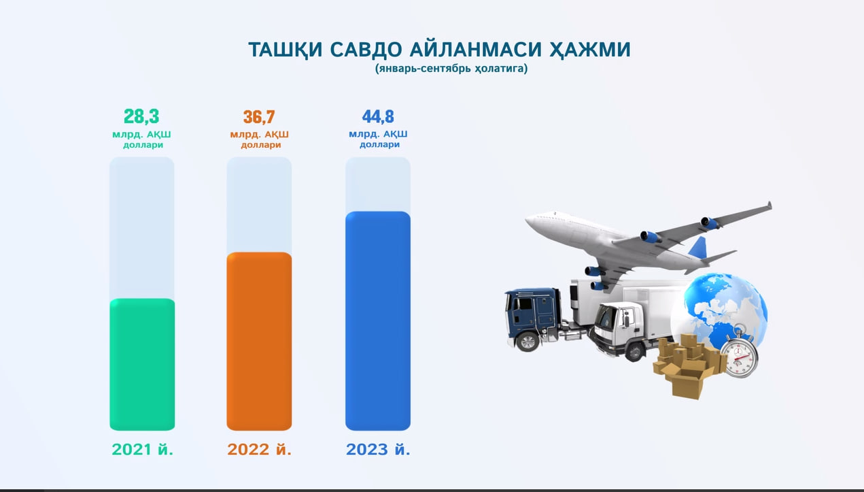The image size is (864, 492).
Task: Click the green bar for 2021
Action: [x=142, y=364]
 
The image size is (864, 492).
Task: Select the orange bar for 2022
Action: [x=259, y=341]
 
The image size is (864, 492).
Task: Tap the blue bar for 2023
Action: [x=378, y=321]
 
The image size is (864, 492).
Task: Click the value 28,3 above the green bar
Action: [x=141, y=116]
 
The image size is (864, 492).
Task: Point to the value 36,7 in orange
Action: [x=259, y=116]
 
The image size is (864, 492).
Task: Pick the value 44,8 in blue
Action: [x=378, y=116]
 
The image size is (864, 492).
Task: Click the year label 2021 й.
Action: [x=142, y=449]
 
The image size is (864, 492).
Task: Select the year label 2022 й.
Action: [x=259, y=449]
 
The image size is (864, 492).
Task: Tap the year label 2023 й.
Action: [x=378, y=449]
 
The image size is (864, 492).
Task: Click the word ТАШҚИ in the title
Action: [x=285, y=50]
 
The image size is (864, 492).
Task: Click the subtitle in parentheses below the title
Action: [x=451, y=68]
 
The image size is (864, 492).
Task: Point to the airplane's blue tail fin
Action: [x=698, y=247]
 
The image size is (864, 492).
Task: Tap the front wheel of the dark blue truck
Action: [x=528, y=342]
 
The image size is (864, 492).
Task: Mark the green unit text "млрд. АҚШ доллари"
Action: [x=142, y=140]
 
